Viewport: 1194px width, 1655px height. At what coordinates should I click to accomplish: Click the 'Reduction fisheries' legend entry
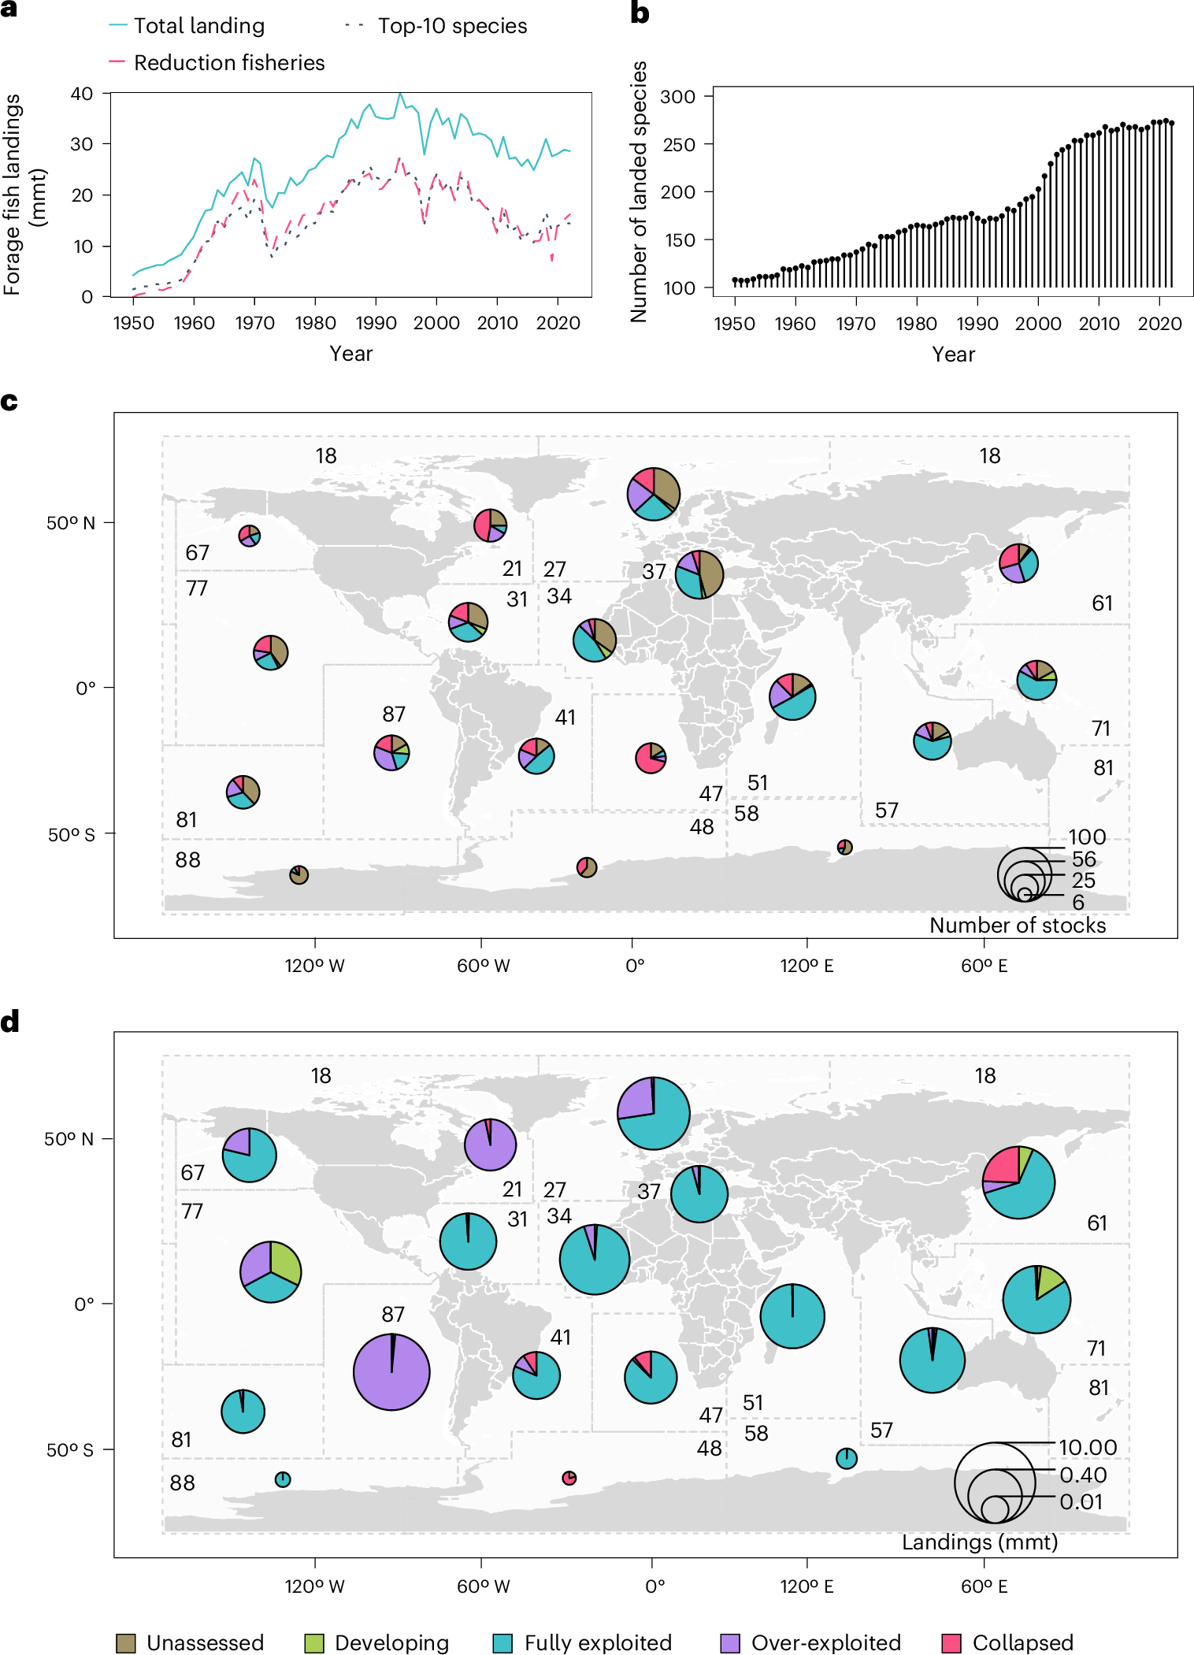pos(228,63)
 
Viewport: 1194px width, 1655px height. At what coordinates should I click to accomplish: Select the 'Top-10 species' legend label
pos(451,26)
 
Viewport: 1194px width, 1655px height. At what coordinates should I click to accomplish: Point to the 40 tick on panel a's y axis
pos(82,94)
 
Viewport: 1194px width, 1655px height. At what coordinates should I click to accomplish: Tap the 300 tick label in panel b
pos(678,97)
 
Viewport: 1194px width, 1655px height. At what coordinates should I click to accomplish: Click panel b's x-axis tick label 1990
pos(977,324)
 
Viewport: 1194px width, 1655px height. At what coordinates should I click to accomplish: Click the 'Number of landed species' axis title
pos(639,191)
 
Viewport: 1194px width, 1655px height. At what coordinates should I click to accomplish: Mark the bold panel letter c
pos(9,402)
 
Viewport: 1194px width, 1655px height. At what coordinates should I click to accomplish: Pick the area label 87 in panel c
pos(394,714)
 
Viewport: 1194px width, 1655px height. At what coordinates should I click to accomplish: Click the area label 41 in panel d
pos(560,1337)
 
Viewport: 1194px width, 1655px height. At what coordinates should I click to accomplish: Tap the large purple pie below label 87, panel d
pos(391,1371)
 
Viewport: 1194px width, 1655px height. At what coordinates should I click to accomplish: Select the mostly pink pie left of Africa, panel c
pos(651,758)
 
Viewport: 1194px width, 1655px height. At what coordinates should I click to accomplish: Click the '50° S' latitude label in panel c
pos(71,835)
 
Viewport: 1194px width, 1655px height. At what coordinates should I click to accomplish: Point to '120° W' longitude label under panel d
pos(314,1586)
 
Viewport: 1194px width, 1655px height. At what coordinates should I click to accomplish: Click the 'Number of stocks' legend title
pos(1017,925)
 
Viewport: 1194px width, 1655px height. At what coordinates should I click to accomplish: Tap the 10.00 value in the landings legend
pos(1087,1447)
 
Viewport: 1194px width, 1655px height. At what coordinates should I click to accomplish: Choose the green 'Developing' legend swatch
pos(314,1642)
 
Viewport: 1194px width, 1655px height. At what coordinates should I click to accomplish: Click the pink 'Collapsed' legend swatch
pos(951,1642)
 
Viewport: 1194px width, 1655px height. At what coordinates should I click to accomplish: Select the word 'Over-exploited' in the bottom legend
pos(825,1642)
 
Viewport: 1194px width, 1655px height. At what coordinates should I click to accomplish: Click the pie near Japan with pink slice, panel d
pos(1018,1182)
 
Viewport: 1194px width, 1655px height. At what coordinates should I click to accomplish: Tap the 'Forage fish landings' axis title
pos(13,195)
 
